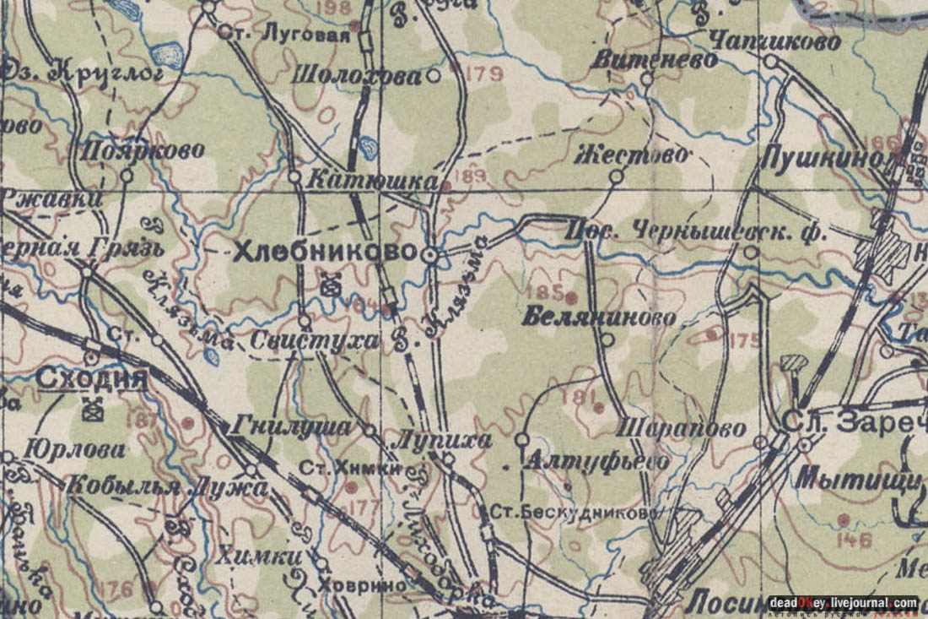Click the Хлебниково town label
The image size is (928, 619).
click(325, 252)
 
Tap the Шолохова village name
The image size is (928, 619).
click(357, 76)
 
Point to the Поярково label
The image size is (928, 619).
click(143, 151)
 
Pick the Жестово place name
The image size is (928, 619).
click(634, 155)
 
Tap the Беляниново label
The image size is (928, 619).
click(599, 318)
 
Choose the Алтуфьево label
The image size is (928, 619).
click(597, 462)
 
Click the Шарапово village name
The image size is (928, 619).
click(682, 428)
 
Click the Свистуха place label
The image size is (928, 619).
click(314, 341)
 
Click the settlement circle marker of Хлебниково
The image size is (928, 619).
click(430, 254)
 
